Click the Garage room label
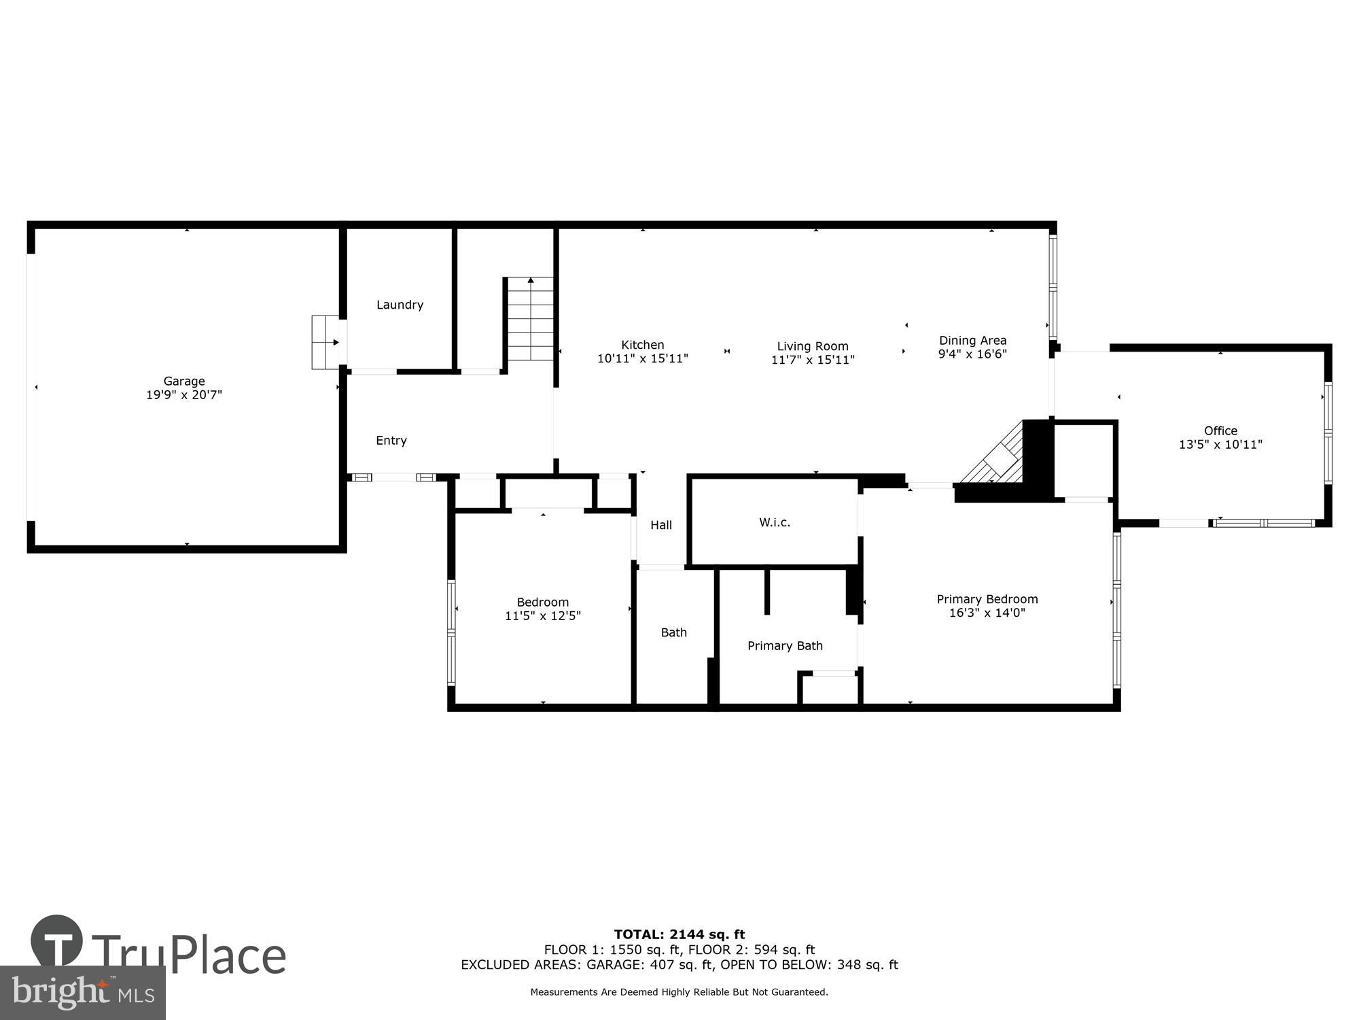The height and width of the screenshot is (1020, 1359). [184, 381]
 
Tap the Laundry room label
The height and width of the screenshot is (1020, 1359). [400, 305]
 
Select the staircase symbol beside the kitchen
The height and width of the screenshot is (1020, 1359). [530, 320]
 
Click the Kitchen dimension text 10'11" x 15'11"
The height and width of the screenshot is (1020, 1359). [642, 358]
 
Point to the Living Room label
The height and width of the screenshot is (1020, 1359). [813, 346]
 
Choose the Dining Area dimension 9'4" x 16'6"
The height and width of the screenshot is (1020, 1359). [972, 354]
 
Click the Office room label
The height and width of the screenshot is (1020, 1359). [1220, 430]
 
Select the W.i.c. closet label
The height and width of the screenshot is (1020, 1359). [775, 522]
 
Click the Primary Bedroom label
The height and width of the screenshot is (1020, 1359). [987, 599]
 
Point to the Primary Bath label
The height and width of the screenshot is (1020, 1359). [785, 645]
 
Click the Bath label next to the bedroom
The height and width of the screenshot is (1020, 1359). [673, 632]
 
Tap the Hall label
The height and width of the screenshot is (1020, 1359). [661, 525]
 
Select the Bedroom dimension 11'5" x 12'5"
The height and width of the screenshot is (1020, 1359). [542, 616]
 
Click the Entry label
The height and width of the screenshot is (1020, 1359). [391, 441]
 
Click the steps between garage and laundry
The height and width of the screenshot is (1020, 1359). [325, 342]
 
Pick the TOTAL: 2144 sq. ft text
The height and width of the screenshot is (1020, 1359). [679, 934]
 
